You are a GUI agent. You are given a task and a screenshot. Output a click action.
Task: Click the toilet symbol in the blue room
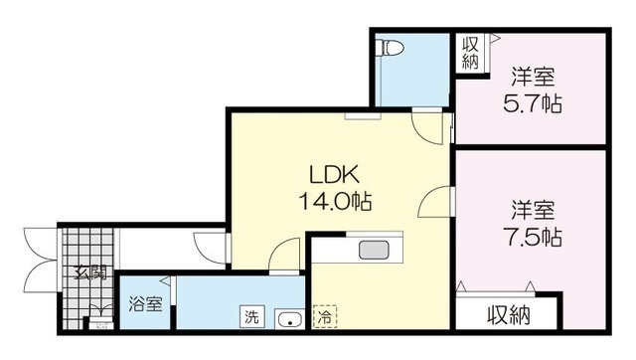tap(390, 48)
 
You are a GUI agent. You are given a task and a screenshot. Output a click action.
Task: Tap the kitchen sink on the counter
tap(374, 250)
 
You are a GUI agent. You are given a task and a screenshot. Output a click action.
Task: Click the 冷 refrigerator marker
tap(324, 318)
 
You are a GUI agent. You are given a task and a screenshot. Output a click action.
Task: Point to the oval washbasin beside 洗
tap(289, 319)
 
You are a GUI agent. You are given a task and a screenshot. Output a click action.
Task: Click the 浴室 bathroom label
tap(146, 305)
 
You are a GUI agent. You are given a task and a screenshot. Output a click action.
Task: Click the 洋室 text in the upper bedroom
tap(535, 76)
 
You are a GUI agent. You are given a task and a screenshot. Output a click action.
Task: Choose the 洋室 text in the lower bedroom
tap(534, 211)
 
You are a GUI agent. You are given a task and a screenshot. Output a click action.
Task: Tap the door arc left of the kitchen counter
tap(286, 254)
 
